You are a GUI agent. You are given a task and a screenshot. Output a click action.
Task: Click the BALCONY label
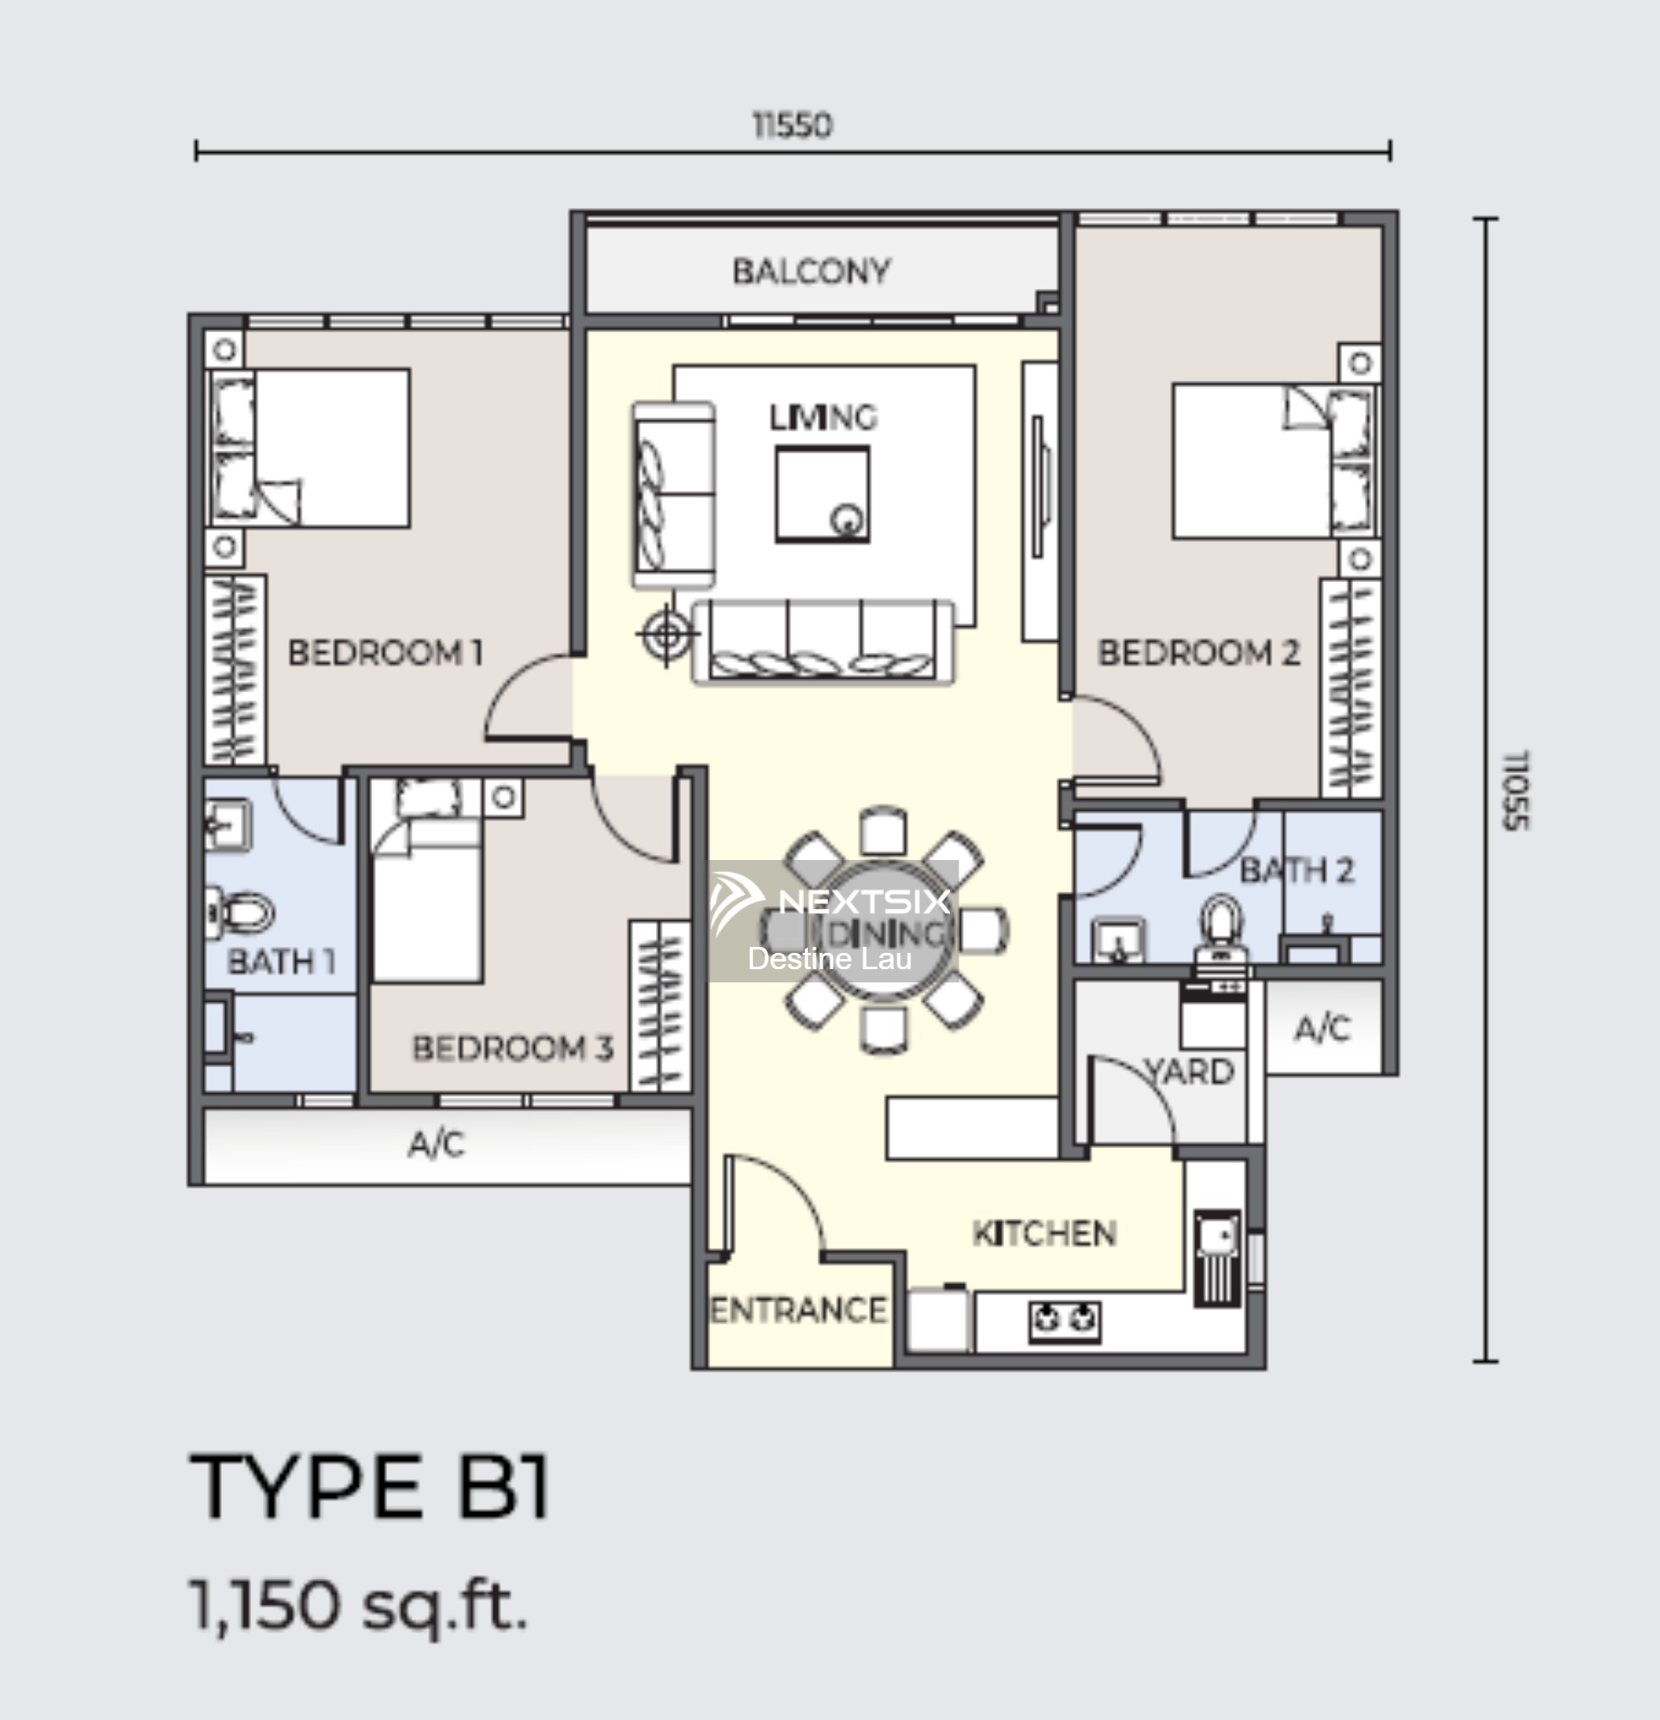(x=812, y=271)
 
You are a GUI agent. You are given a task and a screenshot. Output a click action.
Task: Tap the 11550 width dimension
(x=793, y=126)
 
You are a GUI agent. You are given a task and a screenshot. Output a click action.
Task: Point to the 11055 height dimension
(x=1516, y=789)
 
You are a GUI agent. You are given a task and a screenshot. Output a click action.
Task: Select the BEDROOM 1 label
(x=385, y=653)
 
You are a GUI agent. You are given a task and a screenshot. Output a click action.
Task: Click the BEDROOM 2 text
(x=1198, y=653)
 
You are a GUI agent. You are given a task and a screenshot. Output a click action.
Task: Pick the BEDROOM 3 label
(x=512, y=1047)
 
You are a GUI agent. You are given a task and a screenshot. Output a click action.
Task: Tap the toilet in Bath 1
(x=239, y=912)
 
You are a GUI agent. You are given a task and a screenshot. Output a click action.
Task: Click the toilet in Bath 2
(x=1222, y=927)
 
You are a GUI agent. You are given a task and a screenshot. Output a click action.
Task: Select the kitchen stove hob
(x=1064, y=1322)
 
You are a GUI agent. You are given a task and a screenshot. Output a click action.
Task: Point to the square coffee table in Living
(x=822, y=494)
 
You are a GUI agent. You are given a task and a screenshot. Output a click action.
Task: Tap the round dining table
(x=884, y=930)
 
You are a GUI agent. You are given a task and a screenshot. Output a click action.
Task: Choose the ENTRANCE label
(x=798, y=1310)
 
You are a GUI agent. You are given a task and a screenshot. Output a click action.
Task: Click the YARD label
(x=1190, y=1072)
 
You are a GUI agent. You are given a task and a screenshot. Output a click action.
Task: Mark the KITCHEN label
(x=1044, y=1234)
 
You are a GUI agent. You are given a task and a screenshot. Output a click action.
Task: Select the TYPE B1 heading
(x=370, y=1486)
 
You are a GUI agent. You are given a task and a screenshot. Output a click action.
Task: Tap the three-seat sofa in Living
(x=823, y=641)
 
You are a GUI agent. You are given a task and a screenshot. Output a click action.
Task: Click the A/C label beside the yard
(x=1323, y=1028)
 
